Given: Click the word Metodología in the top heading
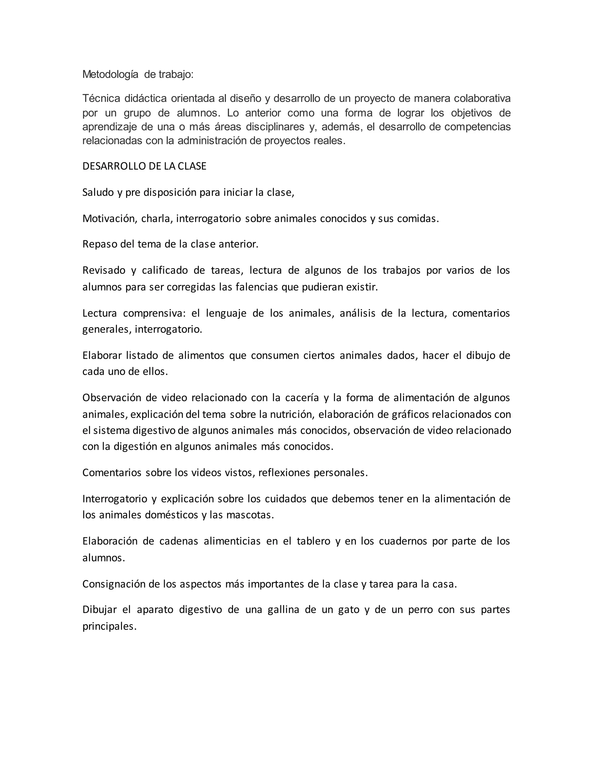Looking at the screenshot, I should (x=110, y=75).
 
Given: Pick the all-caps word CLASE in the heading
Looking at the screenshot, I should (x=192, y=166).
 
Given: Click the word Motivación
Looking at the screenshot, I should (x=109, y=219).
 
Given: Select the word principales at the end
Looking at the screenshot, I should (x=109, y=626).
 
